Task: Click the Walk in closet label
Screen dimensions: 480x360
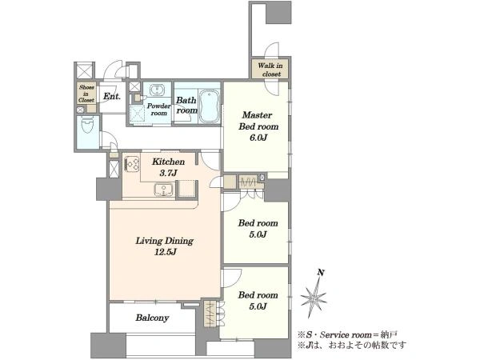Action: pos(270,70)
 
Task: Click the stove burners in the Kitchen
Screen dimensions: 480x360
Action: pos(132,164)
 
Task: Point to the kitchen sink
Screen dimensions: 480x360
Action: pos(164,190)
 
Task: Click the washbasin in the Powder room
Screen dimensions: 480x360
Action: pos(157,90)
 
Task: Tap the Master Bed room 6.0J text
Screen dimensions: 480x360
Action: pos(258,126)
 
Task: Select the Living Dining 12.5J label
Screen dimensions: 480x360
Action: pos(164,246)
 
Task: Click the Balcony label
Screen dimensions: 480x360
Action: pos(152,318)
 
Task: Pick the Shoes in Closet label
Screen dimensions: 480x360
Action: pos(86,94)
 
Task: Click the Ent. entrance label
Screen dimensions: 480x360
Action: pos(112,96)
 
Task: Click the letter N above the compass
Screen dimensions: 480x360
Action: pos(321,272)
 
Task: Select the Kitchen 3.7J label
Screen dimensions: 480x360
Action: pos(168,167)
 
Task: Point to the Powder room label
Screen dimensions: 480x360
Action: pos(159,110)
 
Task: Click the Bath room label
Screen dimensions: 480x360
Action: pos(186,105)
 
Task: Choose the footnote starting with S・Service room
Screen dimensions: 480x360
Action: pos(347,334)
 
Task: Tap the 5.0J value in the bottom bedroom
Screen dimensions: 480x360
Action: pos(258,306)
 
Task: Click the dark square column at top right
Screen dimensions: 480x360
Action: pos(278,13)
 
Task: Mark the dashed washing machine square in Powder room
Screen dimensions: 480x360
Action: pos(136,114)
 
